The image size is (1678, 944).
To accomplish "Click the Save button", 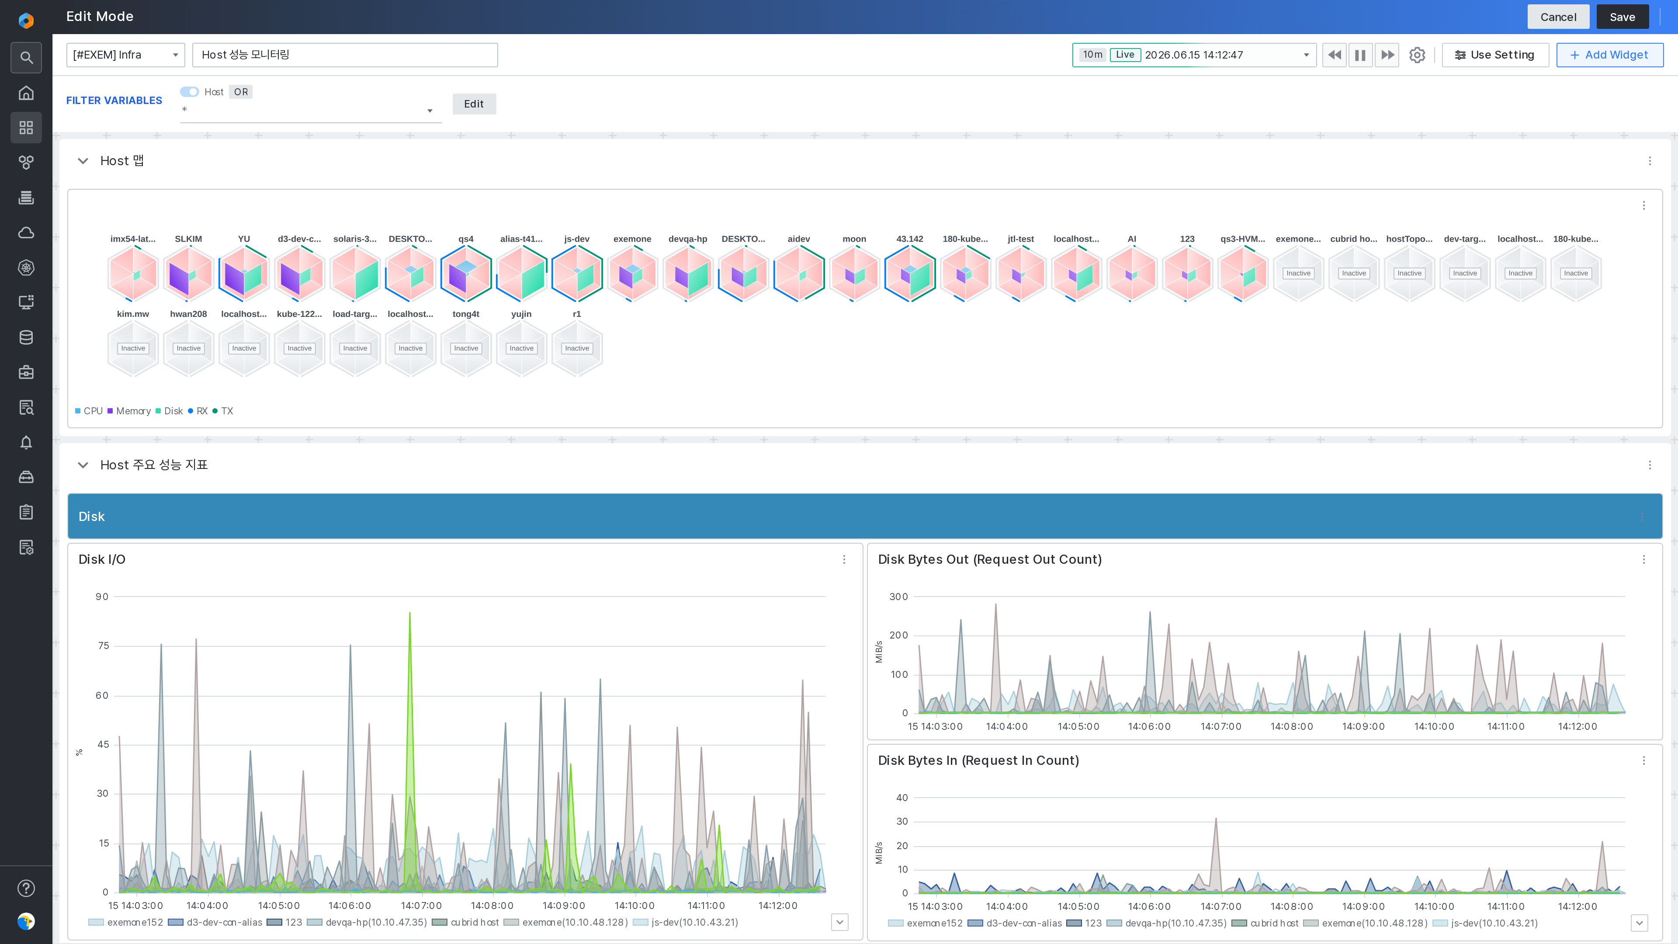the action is pos(1622,17).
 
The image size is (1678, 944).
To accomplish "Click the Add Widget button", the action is pos(1609,55).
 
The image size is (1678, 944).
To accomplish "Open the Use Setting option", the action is pos(1495,55).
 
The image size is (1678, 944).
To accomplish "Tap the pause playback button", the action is pos(1360,55).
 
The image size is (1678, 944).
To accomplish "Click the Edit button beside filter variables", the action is pos(474,104).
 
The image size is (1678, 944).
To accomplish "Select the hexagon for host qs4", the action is pos(466,274).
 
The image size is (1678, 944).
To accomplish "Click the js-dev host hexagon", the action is pos(576,274).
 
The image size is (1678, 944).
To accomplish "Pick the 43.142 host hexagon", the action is pos(910,274).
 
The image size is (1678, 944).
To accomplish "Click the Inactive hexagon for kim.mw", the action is pos(133,349).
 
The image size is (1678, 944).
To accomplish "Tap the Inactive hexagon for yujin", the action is pos(521,349).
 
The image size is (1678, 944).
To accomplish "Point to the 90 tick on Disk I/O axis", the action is pos(102,597).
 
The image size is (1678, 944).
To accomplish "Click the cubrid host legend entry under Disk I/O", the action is pos(466,923).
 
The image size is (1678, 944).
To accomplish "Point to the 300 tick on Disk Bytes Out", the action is pos(898,597).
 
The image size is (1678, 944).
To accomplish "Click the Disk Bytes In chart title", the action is pos(978,760).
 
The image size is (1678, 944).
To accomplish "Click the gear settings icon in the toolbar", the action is pos(1417,55).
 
